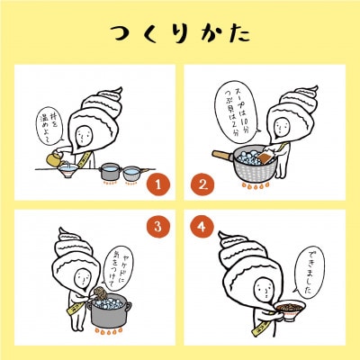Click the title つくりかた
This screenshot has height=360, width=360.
(180, 33)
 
